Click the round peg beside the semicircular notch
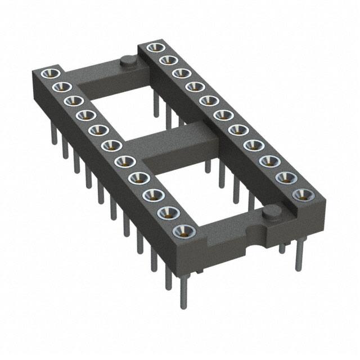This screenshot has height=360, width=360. [272, 212]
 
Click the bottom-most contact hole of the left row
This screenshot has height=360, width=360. [182, 231]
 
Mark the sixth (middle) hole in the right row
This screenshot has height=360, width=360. [220, 116]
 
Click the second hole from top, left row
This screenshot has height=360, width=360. [60, 87]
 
